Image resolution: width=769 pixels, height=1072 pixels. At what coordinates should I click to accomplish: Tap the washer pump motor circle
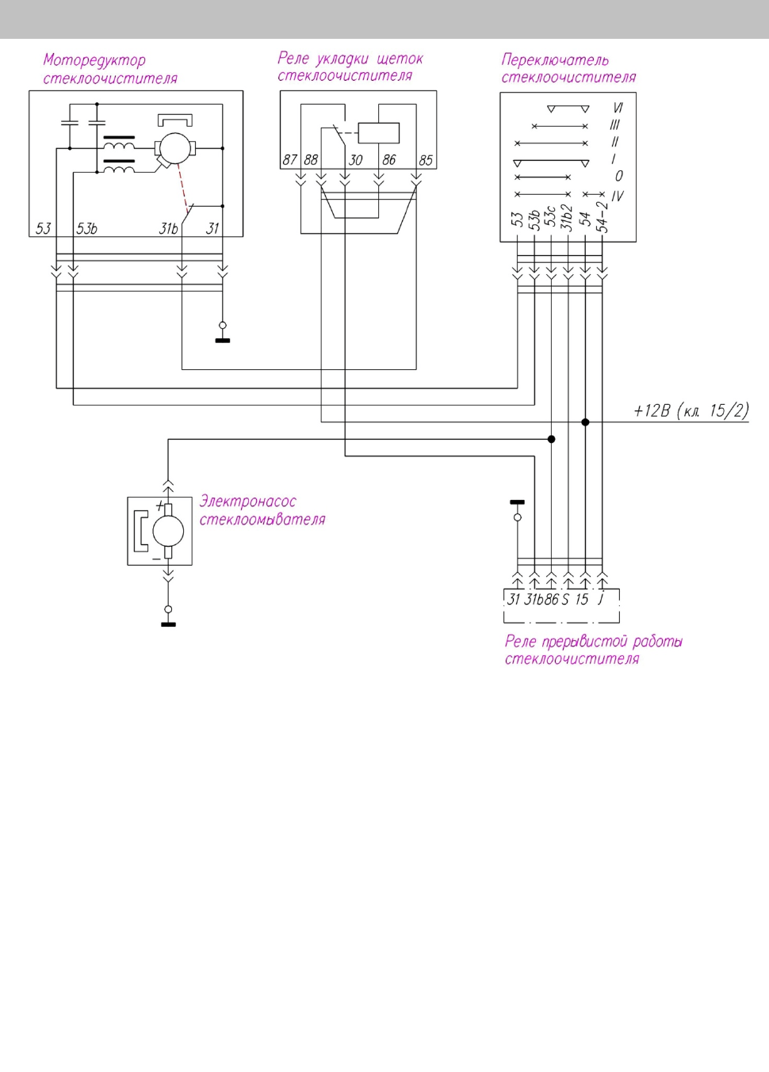(168, 531)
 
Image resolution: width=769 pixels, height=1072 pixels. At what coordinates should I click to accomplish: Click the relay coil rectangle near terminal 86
(379, 133)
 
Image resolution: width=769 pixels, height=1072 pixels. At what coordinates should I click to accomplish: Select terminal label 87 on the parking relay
(289, 160)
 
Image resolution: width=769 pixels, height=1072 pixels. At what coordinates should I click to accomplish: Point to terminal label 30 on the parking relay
(355, 160)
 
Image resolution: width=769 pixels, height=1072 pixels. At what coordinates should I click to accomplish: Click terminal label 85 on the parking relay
(425, 160)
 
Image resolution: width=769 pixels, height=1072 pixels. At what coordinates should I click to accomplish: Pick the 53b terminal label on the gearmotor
(86, 228)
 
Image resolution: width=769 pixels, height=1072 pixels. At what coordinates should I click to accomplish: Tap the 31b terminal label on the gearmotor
(169, 228)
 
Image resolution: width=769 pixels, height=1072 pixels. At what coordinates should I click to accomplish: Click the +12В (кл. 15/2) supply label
(691, 410)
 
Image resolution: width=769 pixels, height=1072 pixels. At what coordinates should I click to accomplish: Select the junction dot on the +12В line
(585, 422)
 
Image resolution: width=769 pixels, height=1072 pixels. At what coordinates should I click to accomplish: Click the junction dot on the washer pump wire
(551, 439)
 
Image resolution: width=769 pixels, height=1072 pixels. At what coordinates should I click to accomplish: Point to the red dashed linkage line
(182, 188)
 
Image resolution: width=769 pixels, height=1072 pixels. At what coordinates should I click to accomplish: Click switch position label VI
(618, 108)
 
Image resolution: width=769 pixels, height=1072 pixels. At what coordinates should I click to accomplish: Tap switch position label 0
(618, 176)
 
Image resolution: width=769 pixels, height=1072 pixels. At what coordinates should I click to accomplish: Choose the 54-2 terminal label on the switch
(603, 217)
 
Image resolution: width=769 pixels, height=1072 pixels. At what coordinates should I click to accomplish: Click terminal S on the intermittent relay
(565, 599)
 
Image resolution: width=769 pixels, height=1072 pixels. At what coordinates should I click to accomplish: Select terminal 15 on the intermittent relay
(581, 599)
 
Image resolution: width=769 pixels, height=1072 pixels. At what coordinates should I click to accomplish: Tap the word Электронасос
(248, 502)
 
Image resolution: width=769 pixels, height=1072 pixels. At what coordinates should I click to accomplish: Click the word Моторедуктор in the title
(94, 61)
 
